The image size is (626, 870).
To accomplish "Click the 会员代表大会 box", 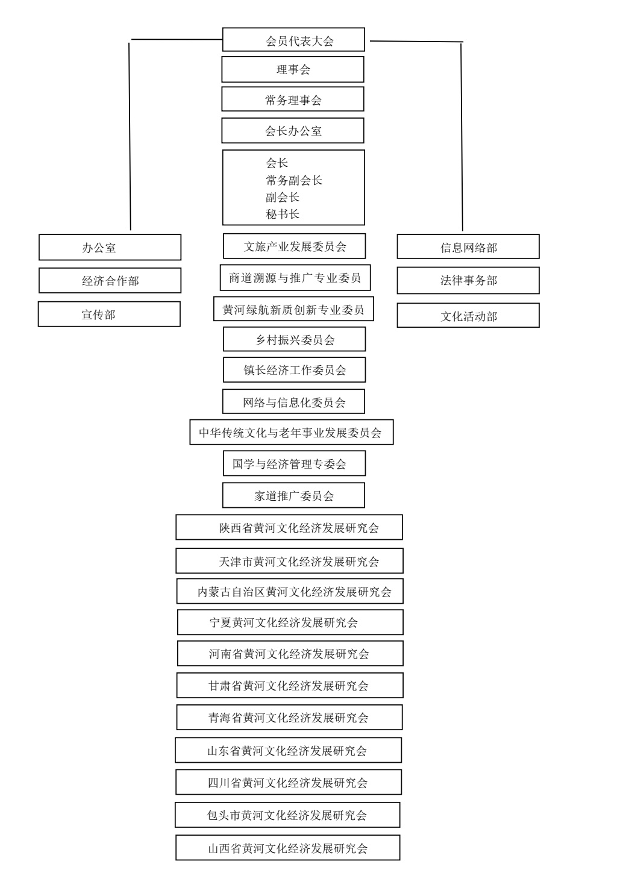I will pyautogui.click(x=293, y=40).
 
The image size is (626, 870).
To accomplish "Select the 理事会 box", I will pyautogui.click(x=293, y=69).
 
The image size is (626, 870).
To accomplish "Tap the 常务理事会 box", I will pyautogui.click(x=293, y=99).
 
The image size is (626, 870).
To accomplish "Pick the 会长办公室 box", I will pyautogui.click(x=293, y=131).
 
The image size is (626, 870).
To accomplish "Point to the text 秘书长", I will pyautogui.click(x=283, y=214).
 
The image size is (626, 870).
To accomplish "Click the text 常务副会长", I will pyautogui.click(x=294, y=180).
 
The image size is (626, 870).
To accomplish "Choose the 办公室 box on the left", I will pyautogui.click(x=110, y=248).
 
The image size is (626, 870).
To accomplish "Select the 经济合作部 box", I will pyautogui.click(x=110, y=281).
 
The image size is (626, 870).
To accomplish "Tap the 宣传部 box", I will pyautogui.click(x=109, y=315).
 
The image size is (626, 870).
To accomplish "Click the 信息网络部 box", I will pyautogui.click(x=468, y=247).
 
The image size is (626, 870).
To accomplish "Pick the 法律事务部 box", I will pyautogui.click(x=468, y=281).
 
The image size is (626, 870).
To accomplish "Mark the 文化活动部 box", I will pyautogui.click(x=468, y=316).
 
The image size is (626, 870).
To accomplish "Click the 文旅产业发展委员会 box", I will pyautogui.click(x=295, y=246).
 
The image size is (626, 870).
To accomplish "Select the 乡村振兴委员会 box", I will pyautogui.click(x=295, y=339).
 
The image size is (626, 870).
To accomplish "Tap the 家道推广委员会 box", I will pyautogui.click(x=293, y=496).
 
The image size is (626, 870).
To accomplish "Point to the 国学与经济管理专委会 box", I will pyautogui.click(x=294, y=464).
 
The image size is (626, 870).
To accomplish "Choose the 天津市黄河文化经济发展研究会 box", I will pyautogui.click(x=289, y=562).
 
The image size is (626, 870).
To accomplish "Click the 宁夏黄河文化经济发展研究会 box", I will pyautogui.click(x=290, y=622).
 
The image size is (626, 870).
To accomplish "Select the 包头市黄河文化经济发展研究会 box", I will pyautogui.click(x=287, y=815).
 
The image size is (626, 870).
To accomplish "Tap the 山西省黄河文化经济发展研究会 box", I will pyautogui.click(x=287, y=848).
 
